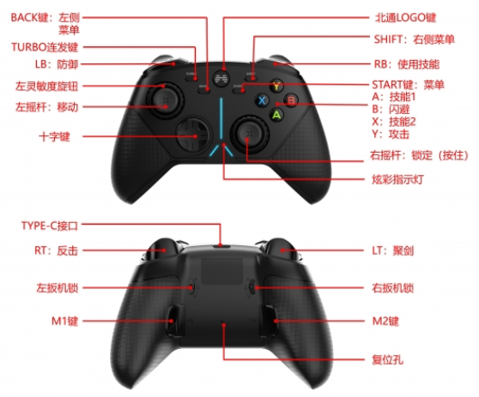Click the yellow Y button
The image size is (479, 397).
(276, 86)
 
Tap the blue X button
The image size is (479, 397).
(262, 100)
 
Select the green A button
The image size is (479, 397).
(276, 115)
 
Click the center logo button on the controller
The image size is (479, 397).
(221, 79)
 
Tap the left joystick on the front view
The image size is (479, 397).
(165, 99)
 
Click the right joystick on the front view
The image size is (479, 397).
(249, 134)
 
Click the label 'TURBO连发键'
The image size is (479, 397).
(45, 47)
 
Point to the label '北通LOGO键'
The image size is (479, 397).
(405, 18)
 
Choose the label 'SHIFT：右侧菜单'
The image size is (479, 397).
(415, 39)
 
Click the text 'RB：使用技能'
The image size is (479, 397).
(407, 64)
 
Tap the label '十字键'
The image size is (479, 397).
(54, 136)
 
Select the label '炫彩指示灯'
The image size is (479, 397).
(397, 179)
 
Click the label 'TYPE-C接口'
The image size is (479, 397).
(50, 226)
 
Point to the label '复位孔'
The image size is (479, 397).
(387, 360)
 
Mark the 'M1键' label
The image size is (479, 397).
(64, 321)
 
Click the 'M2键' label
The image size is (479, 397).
(385, 321)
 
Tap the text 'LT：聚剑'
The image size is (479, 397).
(392, 251)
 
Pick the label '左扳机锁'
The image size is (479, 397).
(58, 288)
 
